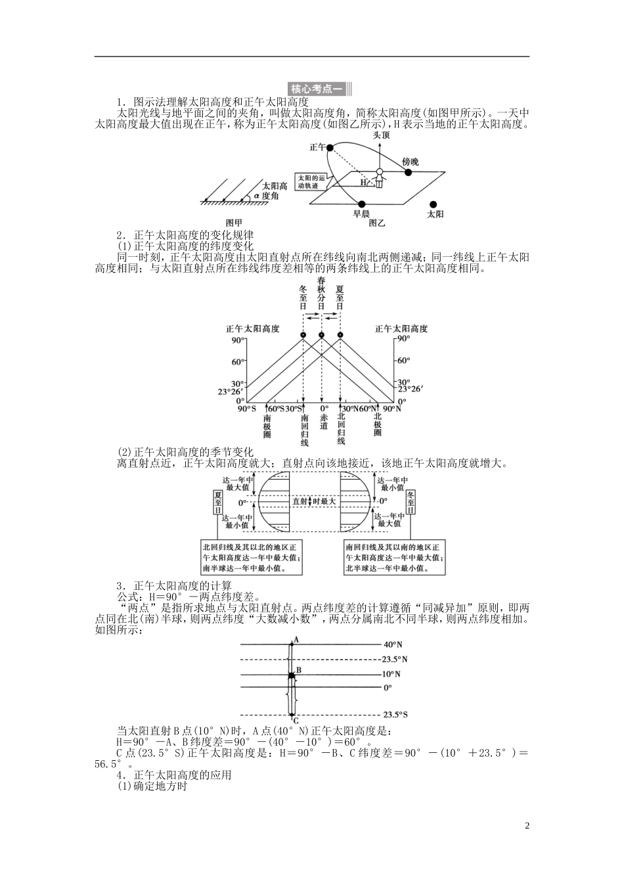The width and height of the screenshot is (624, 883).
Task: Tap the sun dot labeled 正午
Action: (x=332, y=149)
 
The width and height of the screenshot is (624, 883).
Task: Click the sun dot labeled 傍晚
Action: (x=408, y=173)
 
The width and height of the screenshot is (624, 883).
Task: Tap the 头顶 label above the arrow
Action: (x=382, y=135)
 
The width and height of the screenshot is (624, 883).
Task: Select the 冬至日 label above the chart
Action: (x=303, y=298)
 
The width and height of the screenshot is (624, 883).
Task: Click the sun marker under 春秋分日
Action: (x=321, y=336)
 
